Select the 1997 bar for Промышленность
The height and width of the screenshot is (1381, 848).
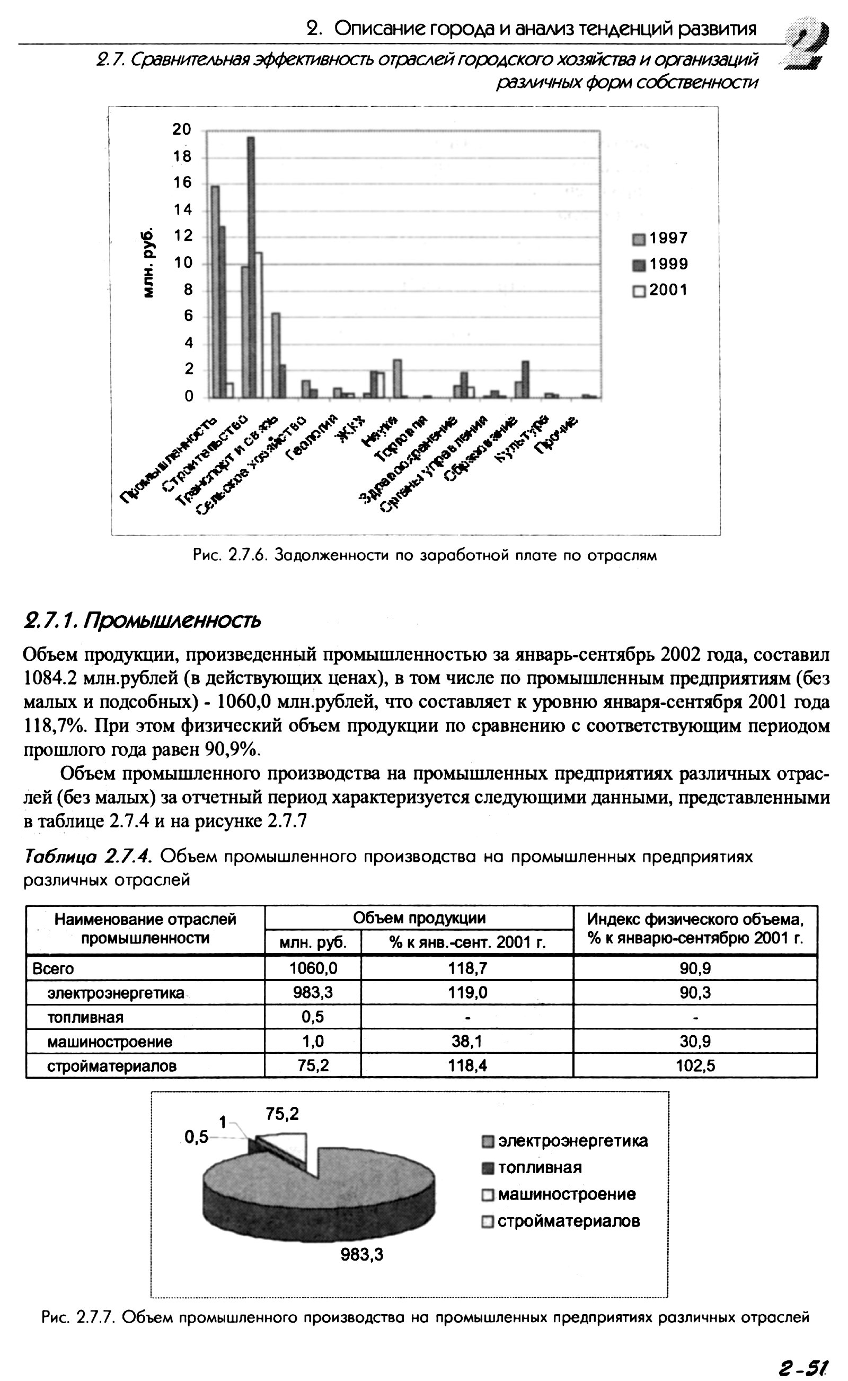click(x=215, y=292)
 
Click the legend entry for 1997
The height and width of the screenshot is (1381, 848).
click(x=661, y=239)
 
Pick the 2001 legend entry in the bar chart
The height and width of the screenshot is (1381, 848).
click(x=661, y=291)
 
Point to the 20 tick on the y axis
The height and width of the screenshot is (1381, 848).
click(x=182, y=129)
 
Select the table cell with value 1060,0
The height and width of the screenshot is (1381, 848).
click(x=313, y=968)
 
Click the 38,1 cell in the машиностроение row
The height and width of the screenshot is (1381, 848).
click(x=467, y=1042)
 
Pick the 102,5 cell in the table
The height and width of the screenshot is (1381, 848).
click(x=695, y=1065)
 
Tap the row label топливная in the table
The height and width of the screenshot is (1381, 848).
click(x=85, y=1017)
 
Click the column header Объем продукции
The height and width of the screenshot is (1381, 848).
click(x=419, y=918)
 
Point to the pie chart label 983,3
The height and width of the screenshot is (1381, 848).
click(x=362, y=1255)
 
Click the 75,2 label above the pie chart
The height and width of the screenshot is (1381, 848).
click(x=282, y=1114)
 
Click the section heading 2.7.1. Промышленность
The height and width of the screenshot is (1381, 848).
click(x=142, y=620)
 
